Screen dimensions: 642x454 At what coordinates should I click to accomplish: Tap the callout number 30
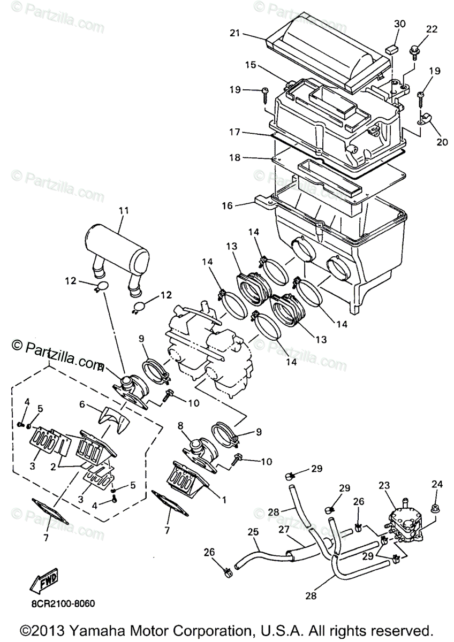[400, 25]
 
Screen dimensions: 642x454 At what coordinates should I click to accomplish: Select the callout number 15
[251, 65]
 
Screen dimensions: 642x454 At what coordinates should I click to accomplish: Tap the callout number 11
[124, 211]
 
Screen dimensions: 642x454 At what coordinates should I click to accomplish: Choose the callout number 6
[82, 406]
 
